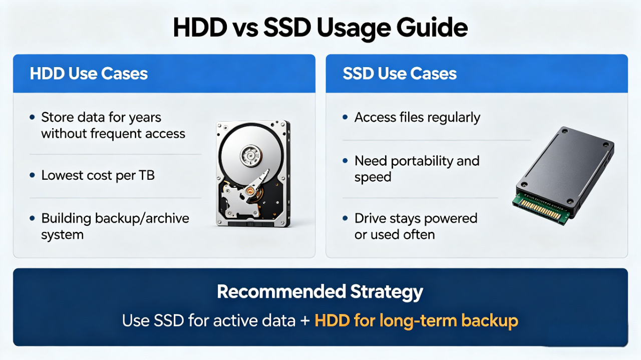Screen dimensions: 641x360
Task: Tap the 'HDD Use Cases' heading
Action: click(x=89, y=74)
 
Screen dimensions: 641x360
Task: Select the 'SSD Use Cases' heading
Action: click(x=400, y=74)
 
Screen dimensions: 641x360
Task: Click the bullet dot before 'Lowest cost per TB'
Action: click(x=33, y=175)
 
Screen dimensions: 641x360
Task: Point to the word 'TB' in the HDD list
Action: click(x=147, y=175)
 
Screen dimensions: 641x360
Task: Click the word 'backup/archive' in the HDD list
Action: click(x=142, y=219)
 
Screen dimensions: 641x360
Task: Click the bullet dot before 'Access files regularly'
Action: click(x=346, y=117)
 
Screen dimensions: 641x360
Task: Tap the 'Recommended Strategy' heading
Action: click(x=320, y=292)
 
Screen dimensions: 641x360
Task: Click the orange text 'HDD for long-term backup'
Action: click(x=416, y=320)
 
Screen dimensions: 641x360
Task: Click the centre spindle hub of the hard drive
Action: click(x=251, y=156)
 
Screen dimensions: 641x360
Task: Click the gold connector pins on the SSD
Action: click(x=539, y=211)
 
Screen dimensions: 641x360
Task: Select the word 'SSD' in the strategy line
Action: click(x=169, y=320)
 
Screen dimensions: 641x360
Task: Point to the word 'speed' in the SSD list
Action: click(x=373, y=177)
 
